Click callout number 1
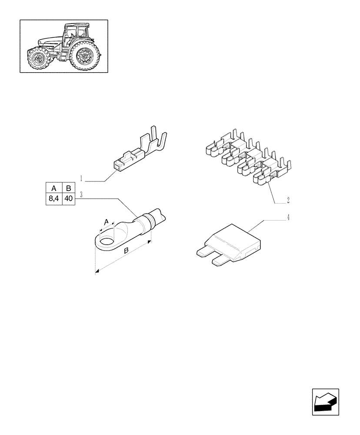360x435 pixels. [x=81, y=177]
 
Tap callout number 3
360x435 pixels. [x=81, y=193]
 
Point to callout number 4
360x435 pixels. [x=288, y=217]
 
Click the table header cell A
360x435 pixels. [x=54, y=188]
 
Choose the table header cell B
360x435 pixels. [x=69, y=188]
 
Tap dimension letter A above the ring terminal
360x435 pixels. [x=105, y=222]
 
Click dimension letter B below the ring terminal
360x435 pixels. [x=126, y=251]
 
